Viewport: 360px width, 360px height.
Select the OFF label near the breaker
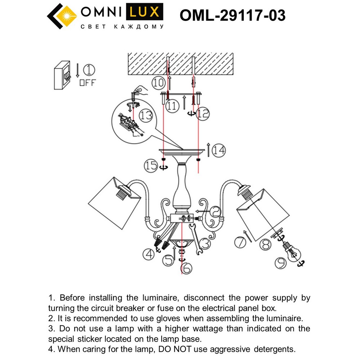(87, 82)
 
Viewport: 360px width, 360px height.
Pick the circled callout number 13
(146, 116)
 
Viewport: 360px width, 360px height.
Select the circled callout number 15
(151, 166)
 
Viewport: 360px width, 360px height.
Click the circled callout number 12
(203, 114)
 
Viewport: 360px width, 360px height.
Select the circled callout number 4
(148, 255)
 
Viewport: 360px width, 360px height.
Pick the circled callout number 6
(186, 268)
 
